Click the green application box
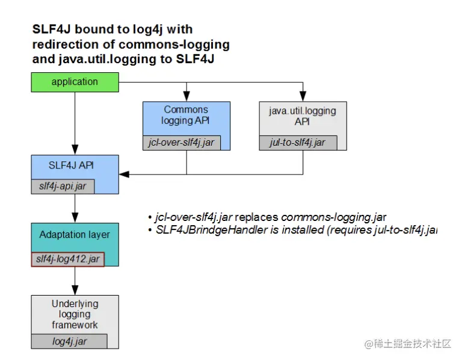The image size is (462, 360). (75, 82)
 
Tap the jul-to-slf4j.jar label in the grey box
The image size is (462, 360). (298, 143)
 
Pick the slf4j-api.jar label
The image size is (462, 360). (63, 187)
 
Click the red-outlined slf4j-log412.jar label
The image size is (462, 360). (67, 259)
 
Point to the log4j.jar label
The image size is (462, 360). (69, 341)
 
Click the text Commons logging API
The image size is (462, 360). (186, 115)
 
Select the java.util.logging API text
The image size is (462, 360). (302, 116)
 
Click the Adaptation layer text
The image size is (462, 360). (75, 234)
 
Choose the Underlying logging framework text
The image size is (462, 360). (75, 314)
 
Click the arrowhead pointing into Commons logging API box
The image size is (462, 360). (186, 97)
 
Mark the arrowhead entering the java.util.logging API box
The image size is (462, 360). (302, 97)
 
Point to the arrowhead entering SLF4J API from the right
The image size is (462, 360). (124, 175)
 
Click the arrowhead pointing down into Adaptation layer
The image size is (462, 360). (75, 218)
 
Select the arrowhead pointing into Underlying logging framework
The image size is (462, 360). (75, 290)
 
